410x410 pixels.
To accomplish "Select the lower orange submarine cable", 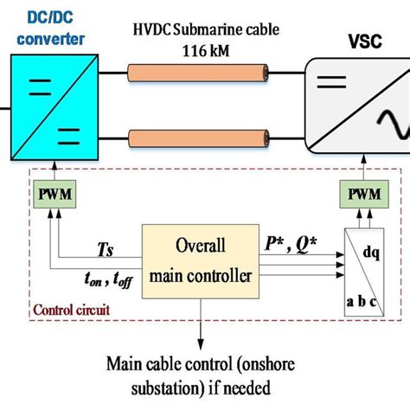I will (200, 137).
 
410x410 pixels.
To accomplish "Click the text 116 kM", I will (206, 50).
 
